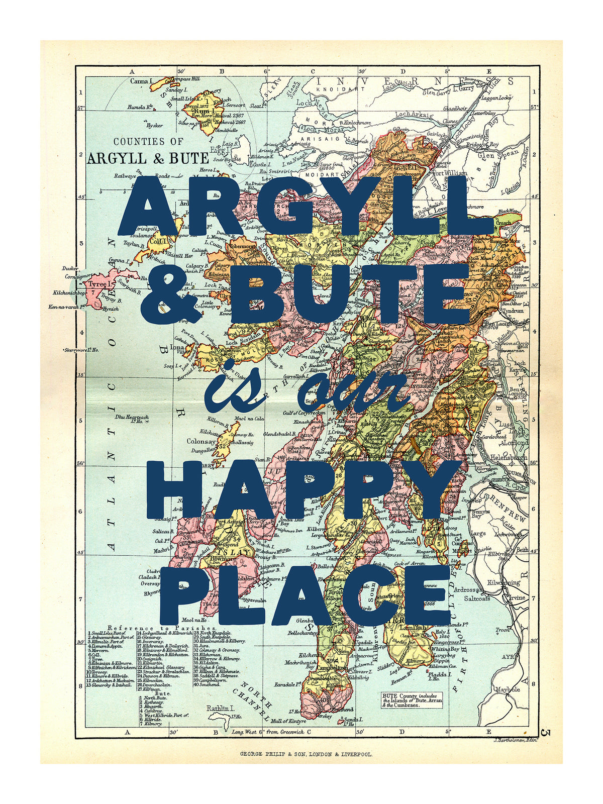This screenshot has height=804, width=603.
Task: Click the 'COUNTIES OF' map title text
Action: [148, 142]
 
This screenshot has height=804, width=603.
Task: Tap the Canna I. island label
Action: [141, 81]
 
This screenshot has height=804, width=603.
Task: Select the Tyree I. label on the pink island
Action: [98, 284]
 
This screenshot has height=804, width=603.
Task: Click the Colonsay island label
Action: [201, 441]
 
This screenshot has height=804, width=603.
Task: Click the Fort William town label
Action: [450, 173]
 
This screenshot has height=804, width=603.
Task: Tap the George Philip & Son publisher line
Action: [306, 754]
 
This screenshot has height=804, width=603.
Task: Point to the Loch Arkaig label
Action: [413, 115]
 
